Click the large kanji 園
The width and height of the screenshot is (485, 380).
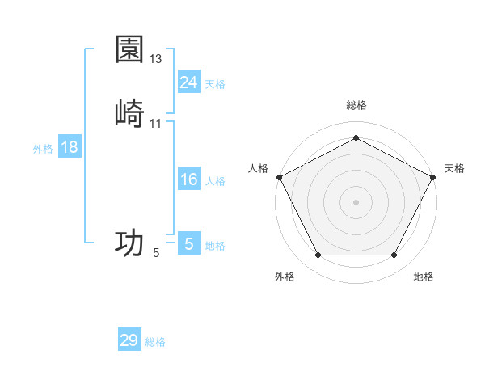coord(129,49)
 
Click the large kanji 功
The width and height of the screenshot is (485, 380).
coord(129,243)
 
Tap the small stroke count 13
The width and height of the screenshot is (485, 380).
coord(156,59)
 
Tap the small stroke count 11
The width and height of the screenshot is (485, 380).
coord(156,123)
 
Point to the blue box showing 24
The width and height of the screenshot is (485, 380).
coord(188,82)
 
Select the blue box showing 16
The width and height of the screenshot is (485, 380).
coord(188,179)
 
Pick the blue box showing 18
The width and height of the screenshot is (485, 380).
coord(70,147)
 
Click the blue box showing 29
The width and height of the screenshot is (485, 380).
coord(129,340)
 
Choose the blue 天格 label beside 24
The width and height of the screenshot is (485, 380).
coord(215,83)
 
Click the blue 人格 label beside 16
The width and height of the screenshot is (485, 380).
coord(215,181)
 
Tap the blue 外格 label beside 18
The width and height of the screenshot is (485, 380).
coord(43,149)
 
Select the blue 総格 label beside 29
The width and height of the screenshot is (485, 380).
coord(155,342)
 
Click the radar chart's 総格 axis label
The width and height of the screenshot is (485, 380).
coord(356,105)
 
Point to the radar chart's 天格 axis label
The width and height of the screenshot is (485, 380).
coord(454,168)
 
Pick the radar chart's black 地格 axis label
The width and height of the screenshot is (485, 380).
coord(424,277)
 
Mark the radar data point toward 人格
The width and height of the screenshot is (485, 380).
coord(279,176)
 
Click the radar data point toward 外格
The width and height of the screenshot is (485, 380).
coord(318,255)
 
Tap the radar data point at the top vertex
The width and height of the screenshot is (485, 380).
coord(356,137)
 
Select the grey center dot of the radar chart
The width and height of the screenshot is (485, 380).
coord(356,201)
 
